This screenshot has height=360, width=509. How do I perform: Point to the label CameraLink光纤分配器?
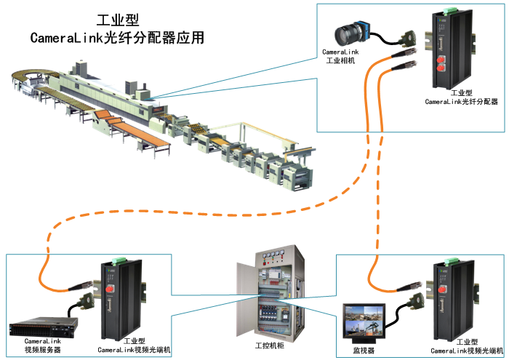pos(462,102)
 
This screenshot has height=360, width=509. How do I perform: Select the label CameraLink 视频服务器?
pos(43,345)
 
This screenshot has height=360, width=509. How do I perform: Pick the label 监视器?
pos(363,350)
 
